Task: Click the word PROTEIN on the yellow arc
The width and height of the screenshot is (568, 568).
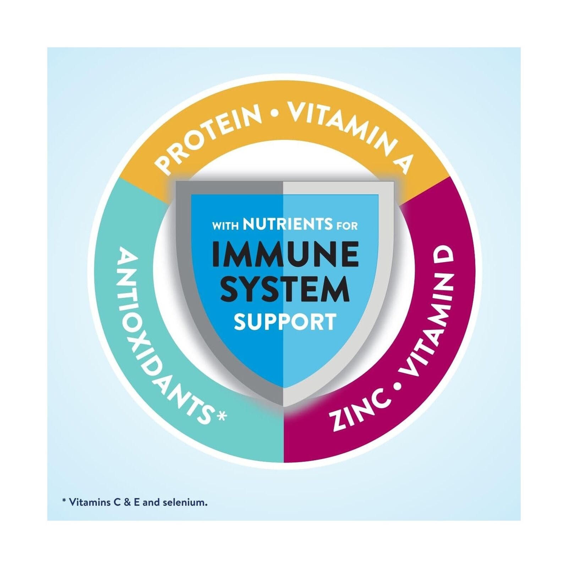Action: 209,136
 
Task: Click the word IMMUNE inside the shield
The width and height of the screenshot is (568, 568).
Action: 285,254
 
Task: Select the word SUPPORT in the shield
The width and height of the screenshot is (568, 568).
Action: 285,322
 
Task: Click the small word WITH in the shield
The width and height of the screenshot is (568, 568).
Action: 225,226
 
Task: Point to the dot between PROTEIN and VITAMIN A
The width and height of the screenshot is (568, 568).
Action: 274,114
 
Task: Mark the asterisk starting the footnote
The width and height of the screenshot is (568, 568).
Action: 64,501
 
